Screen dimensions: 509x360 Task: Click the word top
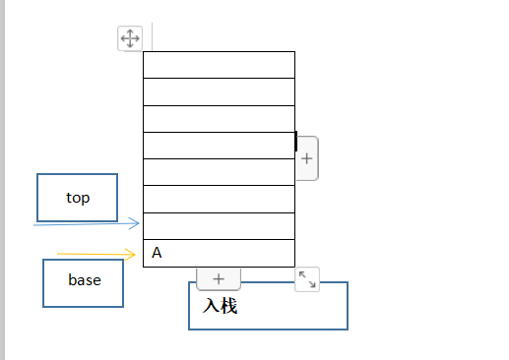[78, 198]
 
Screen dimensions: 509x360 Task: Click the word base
[85, 280]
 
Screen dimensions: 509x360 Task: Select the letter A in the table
[157, 253]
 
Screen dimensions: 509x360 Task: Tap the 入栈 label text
[220, 306]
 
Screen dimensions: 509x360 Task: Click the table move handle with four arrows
[130, 38]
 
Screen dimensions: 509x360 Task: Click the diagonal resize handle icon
[307, 279]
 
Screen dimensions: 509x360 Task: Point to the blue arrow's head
[138, 223]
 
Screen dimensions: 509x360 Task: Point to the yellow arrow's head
[134, 254]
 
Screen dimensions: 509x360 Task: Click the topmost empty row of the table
[219, 65]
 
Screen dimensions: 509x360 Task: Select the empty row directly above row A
[219, 226]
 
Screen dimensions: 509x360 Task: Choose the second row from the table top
[219, 91]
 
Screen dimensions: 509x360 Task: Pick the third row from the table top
[219, 119]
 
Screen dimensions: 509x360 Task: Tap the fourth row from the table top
[219, 146]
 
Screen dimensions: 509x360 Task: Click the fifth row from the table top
[219, 172]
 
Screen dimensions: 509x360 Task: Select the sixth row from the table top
[219, 199]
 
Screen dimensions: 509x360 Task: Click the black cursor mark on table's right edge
[296, 142]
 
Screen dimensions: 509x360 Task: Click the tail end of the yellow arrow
[57, 254]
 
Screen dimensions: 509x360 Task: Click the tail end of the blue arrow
[33, 225]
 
